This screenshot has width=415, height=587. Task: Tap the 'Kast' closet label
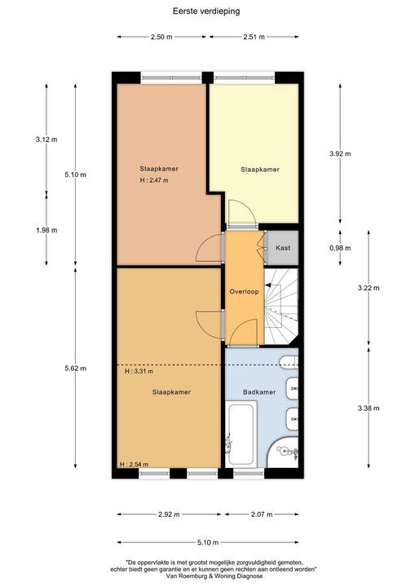coord(283,247)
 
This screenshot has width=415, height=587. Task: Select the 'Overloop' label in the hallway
coord(244,291)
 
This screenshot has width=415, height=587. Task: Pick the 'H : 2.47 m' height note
coord(153,180)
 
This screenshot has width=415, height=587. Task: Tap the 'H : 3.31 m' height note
coord(140,371)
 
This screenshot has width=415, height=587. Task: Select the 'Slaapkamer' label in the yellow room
coord(259,170)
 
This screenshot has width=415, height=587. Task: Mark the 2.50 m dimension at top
coord(162,37)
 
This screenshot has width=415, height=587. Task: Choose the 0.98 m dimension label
coord(340,248)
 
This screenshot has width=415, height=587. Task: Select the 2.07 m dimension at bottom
coord(262,514)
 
